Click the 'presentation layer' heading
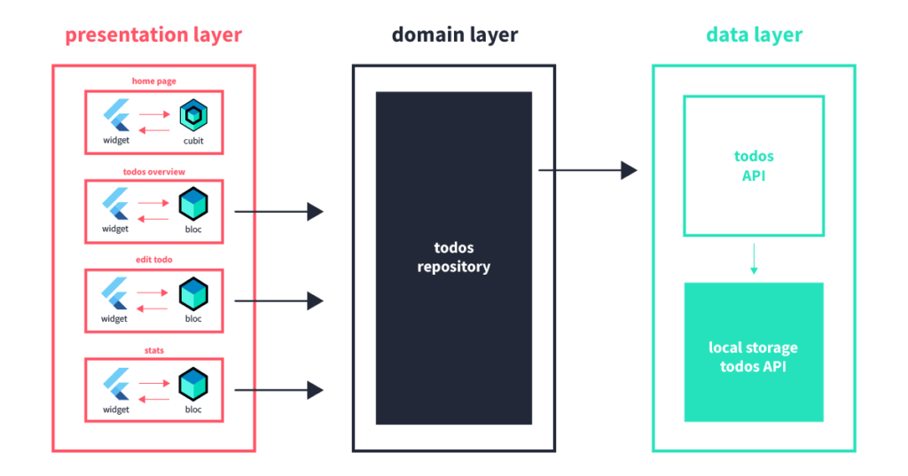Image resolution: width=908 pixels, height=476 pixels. tap(153, 35)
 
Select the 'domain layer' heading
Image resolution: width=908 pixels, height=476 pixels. tap(455, 35)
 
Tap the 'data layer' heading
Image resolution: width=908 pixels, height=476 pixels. tap(754, 35)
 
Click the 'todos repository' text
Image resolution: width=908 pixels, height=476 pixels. tap(454, 257)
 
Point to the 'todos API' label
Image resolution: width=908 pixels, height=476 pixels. tap(754, 165)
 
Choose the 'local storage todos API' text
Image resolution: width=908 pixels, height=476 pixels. tap(754, 356)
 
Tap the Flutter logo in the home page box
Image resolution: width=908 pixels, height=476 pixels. tap(115, 116)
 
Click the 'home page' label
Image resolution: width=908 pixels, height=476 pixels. tap(154, 82)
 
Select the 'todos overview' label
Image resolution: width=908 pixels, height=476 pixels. tap(154, 171)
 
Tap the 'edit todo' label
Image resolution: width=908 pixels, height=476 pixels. tap(154, 260)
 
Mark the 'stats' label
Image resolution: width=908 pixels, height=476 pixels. tap(154, 350)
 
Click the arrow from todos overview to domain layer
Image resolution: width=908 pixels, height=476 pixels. tap(278, 212)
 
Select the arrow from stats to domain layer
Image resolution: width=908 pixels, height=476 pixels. tap(278, 389)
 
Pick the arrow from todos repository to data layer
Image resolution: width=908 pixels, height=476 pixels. tap(587, 170)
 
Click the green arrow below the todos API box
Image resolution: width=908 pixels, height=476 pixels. tap(753, 258)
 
